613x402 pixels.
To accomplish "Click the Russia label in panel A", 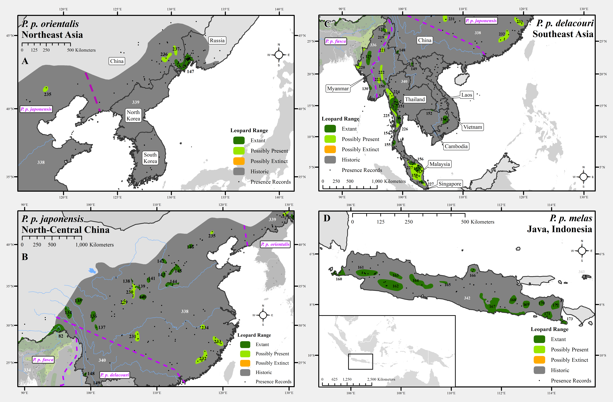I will click(x=217, y=40).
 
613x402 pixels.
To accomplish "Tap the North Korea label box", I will click(x=133, y=115).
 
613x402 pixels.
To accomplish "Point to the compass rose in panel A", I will click(x=279, y=55).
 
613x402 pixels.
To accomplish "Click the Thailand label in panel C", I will click(x=415, y=99).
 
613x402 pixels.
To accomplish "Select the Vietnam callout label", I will click(x=473, y=127).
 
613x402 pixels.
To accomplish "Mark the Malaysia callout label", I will click(x=440, y=164).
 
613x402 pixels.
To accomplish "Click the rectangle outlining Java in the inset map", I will click(x=360, y=361).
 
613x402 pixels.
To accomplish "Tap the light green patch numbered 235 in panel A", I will click(x=46, y=89).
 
